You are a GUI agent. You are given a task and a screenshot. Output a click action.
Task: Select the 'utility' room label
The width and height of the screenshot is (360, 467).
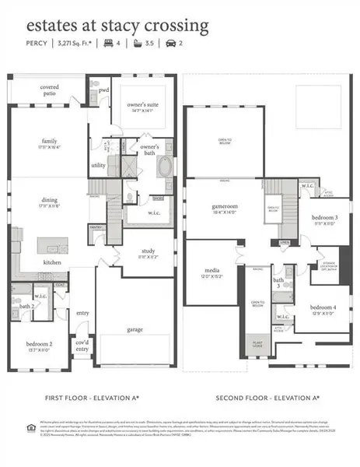(x=98, y=165)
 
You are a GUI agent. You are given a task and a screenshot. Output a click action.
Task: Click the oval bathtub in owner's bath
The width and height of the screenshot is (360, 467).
(x=165, y=167)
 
